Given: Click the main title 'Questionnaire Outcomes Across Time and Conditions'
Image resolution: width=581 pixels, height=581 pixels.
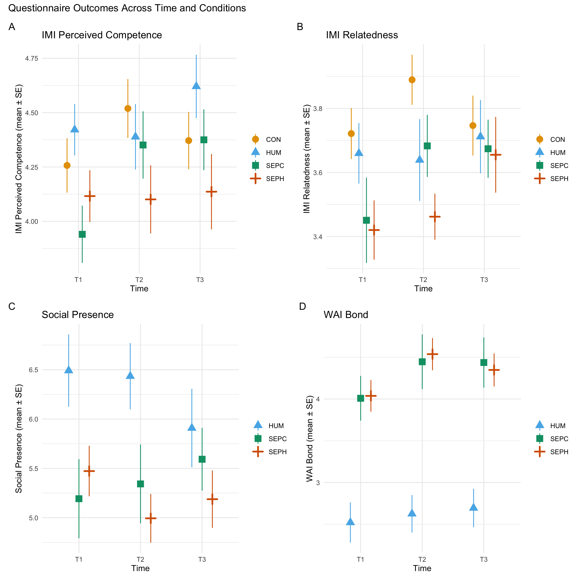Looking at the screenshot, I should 127,8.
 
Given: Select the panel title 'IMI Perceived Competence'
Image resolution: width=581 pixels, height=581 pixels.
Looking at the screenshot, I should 102,35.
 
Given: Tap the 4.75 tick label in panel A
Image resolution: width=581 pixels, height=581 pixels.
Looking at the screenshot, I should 31,58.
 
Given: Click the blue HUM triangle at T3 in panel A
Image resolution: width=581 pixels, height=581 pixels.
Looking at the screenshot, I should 196,86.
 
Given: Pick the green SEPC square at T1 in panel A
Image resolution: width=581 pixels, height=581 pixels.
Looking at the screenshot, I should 82,234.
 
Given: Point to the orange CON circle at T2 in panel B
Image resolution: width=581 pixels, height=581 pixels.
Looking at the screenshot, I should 412,80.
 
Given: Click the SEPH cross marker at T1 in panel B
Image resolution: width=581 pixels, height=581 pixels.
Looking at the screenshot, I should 374,230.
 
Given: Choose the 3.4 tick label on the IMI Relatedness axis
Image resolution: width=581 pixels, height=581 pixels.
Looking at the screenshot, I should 317,237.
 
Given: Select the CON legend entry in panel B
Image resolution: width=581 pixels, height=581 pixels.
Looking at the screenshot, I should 557,140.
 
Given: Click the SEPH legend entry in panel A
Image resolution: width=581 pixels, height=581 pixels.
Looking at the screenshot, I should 275,179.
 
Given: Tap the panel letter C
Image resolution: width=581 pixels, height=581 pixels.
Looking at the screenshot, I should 12,306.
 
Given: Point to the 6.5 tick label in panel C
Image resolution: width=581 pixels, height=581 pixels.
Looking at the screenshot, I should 33,370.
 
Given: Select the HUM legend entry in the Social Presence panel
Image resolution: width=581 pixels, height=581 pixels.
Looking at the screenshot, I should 276,426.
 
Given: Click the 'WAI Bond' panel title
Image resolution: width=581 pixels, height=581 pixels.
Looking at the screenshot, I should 346,315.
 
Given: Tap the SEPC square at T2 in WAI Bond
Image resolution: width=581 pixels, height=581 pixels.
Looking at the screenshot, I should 422,362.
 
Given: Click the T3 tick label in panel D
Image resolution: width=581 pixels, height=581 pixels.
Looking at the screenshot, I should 484,560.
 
